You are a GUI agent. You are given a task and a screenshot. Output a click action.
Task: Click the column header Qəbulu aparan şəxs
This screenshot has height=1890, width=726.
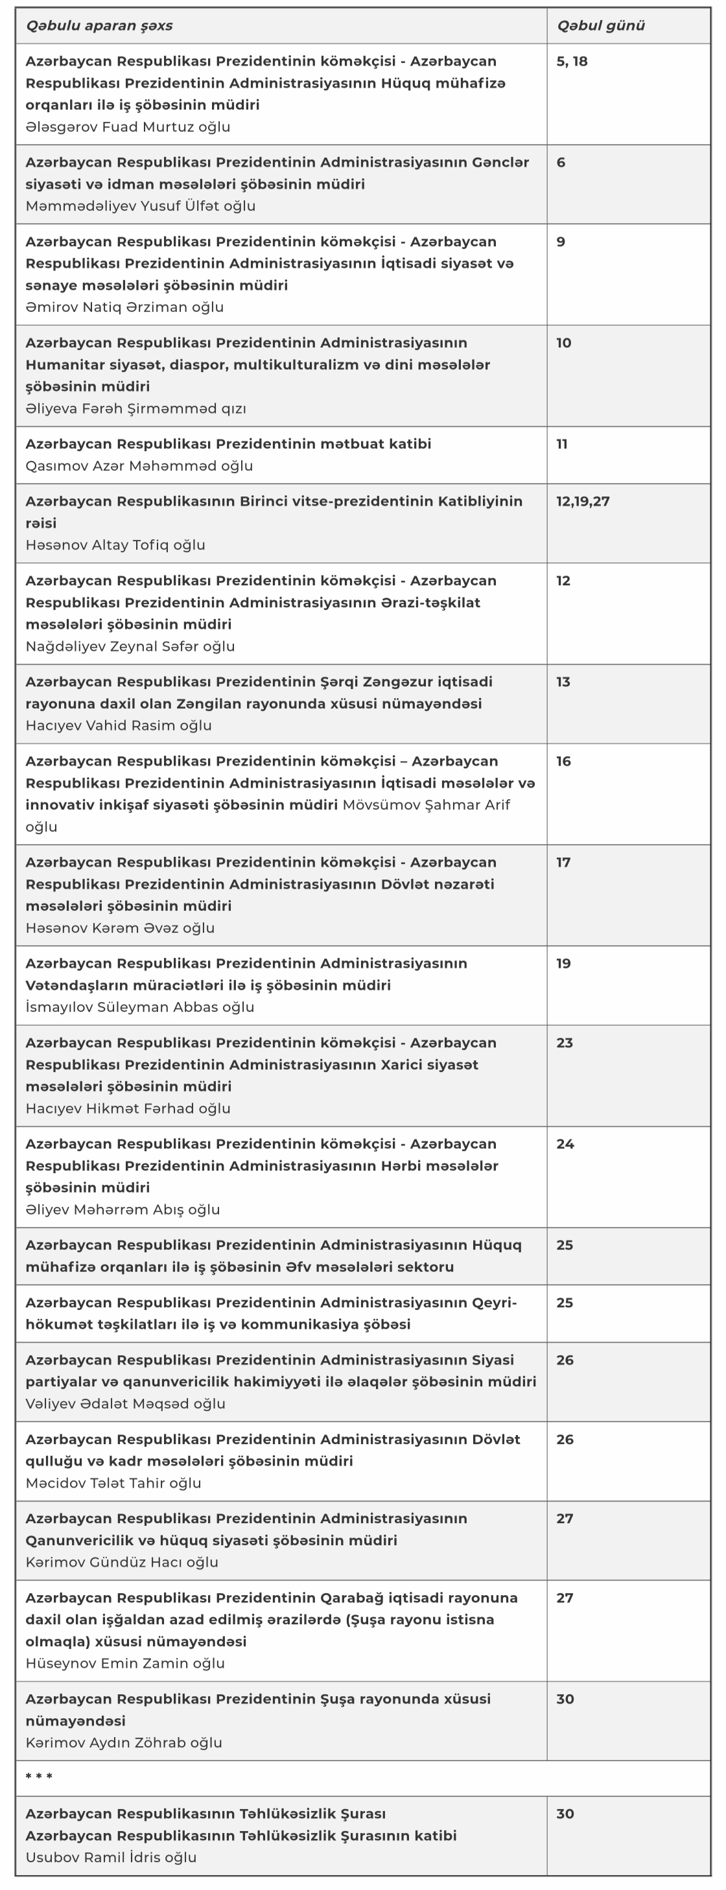pos(99,26)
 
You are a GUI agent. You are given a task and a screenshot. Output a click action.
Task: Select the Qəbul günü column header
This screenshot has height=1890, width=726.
pos(600,26)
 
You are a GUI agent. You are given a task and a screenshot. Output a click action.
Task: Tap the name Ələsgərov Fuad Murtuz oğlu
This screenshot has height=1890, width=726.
pos(128,127)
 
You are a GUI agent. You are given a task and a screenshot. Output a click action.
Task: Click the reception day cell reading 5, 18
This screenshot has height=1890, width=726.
pos(572,62)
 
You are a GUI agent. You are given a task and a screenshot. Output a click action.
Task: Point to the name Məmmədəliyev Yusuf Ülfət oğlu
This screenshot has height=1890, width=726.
pos(140,206)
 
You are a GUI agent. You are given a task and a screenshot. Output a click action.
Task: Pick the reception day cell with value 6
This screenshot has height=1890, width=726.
pos(561,163)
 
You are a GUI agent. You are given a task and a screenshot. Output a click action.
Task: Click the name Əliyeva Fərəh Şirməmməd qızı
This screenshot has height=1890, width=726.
pos(136,409)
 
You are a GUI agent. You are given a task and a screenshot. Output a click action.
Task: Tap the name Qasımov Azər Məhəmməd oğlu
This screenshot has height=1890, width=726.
pos(139,466)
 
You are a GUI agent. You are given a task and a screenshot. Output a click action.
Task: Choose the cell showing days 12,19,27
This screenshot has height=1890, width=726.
pos(583,502)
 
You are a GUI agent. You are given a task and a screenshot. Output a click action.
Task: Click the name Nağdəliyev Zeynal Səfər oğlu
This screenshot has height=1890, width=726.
pos(130,646)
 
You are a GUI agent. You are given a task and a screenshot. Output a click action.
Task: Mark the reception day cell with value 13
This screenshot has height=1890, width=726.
pos(563,682)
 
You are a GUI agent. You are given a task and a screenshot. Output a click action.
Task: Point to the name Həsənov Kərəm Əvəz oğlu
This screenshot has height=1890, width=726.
pos(120,928)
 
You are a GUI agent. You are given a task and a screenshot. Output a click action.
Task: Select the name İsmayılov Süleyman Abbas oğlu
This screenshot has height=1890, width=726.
pos(139,1007)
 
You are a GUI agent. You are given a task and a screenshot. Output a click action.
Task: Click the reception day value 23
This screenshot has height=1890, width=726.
pos(565,1044)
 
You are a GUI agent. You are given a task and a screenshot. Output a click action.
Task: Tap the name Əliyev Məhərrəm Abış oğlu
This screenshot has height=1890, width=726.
pos(123,1210)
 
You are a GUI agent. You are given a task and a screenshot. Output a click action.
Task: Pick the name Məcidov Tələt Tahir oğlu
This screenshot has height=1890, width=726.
pos(113,1483)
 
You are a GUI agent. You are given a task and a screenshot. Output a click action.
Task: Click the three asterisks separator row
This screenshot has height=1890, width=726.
pos(39,1777)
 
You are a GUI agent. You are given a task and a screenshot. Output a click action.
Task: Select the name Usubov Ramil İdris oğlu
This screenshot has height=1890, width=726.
pos(111,1857)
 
